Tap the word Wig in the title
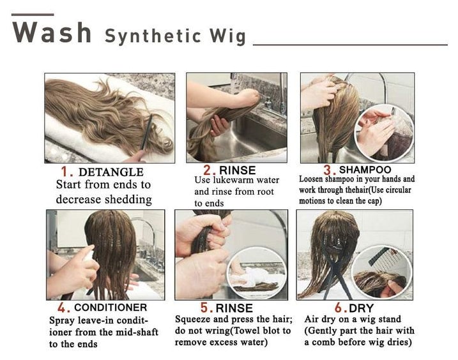[x=225, y=36]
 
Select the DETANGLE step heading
[x=111, y=172]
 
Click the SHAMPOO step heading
[x=365, y=170]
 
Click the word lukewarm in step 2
[x=241, y=181]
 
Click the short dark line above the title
[x=33, y=13]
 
